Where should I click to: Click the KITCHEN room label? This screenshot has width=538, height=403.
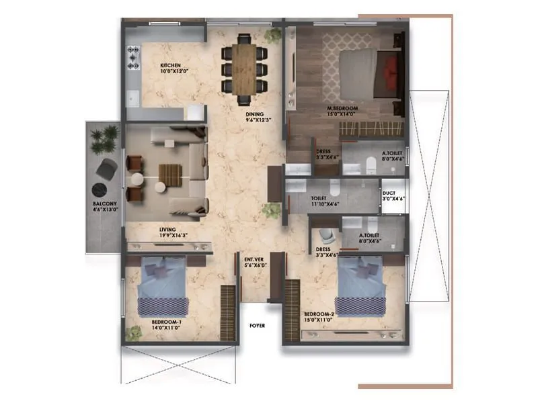170,65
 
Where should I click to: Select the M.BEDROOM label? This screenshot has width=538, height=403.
343,108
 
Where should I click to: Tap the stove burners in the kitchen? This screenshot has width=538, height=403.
132,57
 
